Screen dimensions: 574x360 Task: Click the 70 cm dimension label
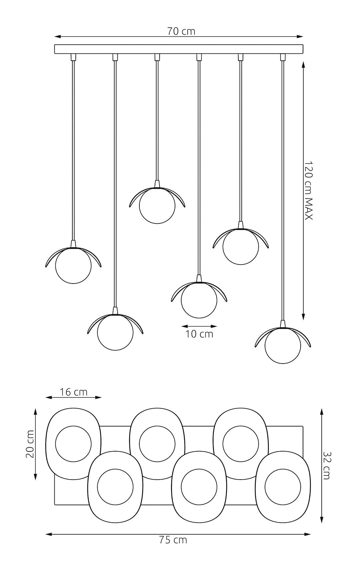(x=181, y=31)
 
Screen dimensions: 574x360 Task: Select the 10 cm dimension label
(x=199, y=334)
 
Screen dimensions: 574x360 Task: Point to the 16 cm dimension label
(x=74, y=392)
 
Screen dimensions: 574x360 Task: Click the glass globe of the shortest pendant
(x=157, y=206)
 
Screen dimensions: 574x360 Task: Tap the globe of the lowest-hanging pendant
(x=282, y=346)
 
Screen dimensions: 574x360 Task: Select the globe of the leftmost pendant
(x=73, y=266)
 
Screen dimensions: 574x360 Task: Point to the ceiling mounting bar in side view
(x=179, y=49)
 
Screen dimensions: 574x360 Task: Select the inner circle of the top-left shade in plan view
(x=73, y=444)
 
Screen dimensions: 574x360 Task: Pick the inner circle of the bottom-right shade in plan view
(x=282, y=487)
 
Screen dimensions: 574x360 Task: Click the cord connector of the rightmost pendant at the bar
(x=283, y=57)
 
